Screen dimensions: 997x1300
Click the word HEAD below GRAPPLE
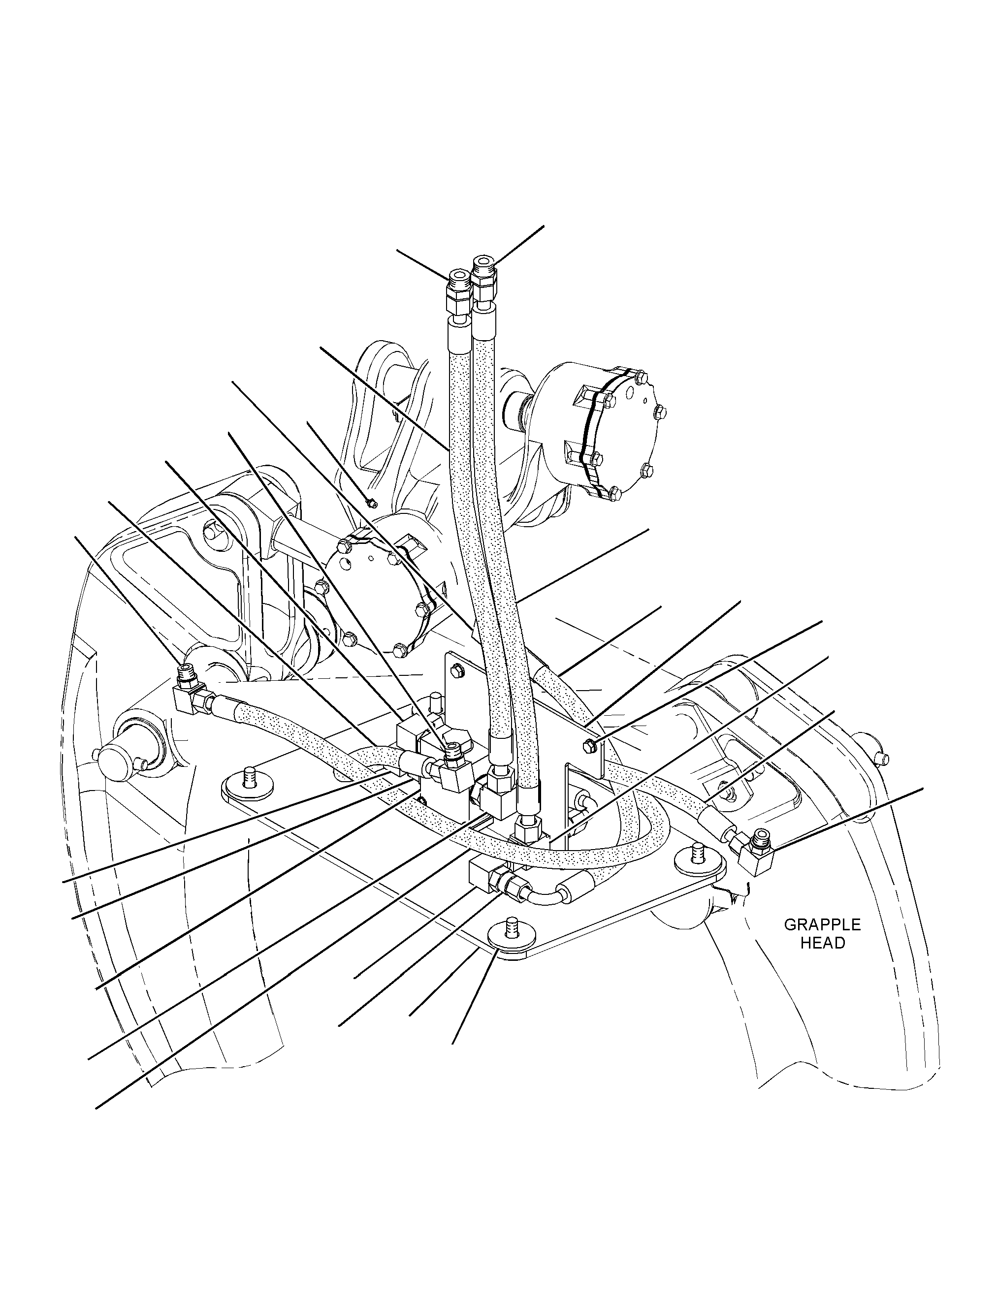point(823,944)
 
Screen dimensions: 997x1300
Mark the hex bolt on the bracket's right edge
point(591,745)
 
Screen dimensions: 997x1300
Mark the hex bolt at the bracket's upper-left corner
point(456,671)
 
